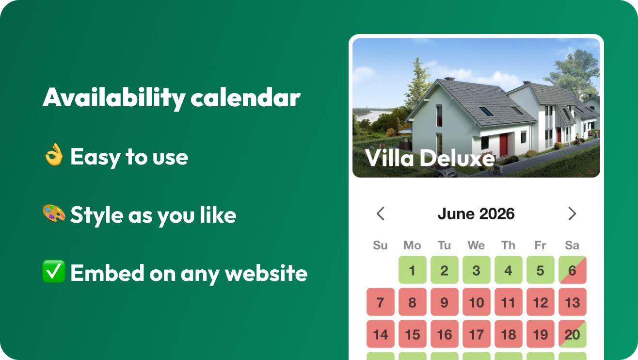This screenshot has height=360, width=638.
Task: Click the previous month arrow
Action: [381, 213]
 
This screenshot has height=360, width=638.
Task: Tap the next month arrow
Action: [572, 213]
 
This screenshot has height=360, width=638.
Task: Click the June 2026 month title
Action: [476, 214]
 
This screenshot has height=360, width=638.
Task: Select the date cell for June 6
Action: [573, 270]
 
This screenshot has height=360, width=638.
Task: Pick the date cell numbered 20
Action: [573, 334]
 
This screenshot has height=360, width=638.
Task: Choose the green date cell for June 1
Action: [413, 270]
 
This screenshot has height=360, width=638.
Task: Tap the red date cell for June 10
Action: [477, 302]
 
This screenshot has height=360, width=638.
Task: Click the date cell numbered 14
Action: [381, 334]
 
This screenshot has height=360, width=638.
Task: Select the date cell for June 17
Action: [477, 334]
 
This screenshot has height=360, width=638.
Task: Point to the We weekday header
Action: [476, 245]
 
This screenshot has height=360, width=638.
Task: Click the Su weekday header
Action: [380, 245]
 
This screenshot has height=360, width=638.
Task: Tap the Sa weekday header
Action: [572, 245]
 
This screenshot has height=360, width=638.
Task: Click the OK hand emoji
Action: [54, 154]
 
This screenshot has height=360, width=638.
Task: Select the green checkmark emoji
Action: [53, 271]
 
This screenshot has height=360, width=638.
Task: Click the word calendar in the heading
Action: [245, 98]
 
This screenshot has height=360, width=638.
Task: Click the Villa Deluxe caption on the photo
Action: [430, 157]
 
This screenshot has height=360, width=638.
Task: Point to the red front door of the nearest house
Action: [504, 145]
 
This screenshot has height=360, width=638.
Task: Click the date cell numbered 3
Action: [477, 270]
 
